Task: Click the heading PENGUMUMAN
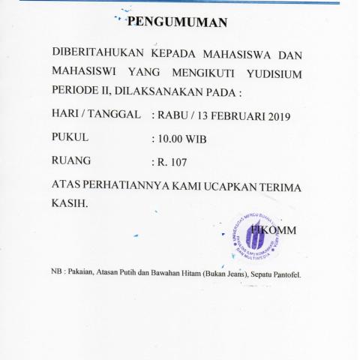click(177, 22)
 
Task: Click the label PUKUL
click(70, 138)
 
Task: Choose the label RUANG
click(70, 160)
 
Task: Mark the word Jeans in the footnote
click(220, 275)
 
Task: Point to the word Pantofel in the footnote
click(286, 275)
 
